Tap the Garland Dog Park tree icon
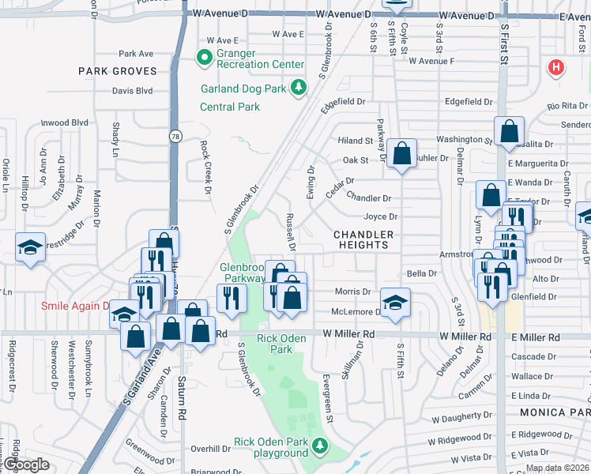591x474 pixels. coord(299,87)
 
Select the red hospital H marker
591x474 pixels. coord(556,68)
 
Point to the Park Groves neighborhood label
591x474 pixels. coord(118,71)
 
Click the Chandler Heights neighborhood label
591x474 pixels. coord(363,239)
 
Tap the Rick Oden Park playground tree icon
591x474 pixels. coord(320,447)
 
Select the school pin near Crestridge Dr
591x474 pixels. coord(29,248)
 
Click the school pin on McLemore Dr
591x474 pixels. coord(395,301)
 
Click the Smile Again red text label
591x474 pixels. coord(76,306)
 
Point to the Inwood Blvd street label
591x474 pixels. coord(65,122)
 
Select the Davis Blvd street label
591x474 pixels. coord(132,91)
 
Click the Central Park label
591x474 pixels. coord(230,107)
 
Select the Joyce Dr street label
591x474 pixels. coord(380,216)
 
